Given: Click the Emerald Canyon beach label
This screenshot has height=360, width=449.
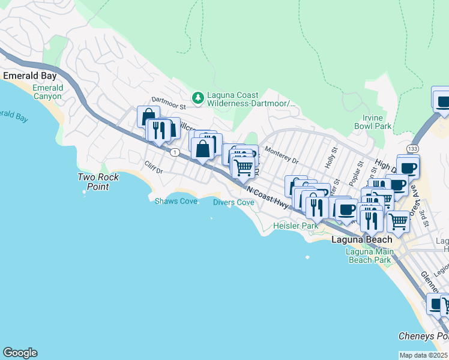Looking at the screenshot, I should (47, 92).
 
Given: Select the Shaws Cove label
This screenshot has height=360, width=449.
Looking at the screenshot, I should (176, 201).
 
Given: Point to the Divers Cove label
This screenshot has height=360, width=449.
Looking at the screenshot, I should (234, 202).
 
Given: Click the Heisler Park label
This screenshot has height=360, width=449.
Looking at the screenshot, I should (295, 226).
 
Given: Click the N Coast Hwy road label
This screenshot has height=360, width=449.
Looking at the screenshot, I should (267, 196).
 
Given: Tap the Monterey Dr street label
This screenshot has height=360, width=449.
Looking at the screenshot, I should (281, 157).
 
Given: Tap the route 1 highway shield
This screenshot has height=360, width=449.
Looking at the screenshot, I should (174, 151).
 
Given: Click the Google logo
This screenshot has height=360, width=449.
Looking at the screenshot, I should (20, 353).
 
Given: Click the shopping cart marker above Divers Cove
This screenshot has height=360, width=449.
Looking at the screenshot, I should (243, 167).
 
